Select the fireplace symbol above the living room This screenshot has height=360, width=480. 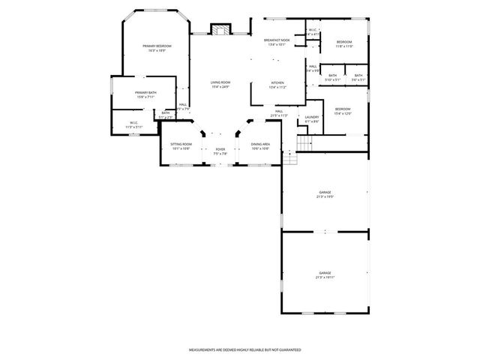coord(220,31)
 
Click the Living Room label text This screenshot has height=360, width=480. coord(220,84)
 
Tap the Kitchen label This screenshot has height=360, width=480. coord(277,85)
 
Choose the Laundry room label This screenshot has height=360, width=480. coord(312,118)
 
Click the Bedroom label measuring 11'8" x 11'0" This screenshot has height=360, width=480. coord(344,44)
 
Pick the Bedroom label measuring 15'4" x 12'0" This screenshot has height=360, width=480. coord(343,112)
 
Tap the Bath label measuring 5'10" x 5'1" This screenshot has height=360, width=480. coord(332,77)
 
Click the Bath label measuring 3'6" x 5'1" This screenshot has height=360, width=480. coord(358,77)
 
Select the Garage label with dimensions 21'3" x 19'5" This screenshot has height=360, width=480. coord(324,195)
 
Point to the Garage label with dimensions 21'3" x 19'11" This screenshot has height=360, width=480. coord(325,275)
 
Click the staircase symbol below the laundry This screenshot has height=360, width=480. coord(303,142)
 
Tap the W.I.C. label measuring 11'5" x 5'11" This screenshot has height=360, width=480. coord(133,124)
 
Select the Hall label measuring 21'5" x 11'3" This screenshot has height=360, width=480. coord(279,112)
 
